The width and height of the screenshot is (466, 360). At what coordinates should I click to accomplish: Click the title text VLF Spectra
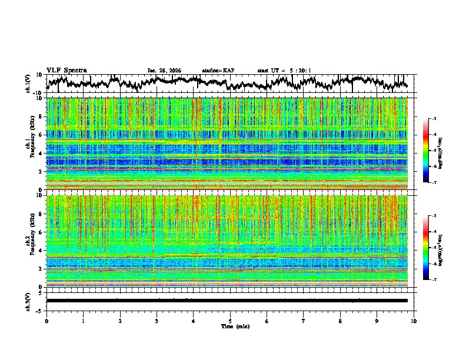click(x=66, y=70)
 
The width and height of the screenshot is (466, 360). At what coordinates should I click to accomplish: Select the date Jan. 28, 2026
click(x=164, y=71)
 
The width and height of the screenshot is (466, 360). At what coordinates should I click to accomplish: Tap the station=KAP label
click(x=218, y=71)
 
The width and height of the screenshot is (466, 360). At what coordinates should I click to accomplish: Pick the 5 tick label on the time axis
click(x=230, y=321)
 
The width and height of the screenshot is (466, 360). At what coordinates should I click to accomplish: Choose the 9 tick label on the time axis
click(x=377, y=321)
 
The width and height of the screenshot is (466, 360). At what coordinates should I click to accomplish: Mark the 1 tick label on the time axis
click(x=83, y=321)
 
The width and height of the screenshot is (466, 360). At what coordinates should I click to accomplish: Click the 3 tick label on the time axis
click(x=157, y=321)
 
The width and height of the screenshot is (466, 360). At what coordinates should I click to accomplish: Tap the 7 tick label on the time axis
click(x=304, y=321)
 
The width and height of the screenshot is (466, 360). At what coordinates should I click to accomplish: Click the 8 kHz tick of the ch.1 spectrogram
click(x=41, y=116)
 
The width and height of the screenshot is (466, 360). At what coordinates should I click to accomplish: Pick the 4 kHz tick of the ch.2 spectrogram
click(x=41, y=251)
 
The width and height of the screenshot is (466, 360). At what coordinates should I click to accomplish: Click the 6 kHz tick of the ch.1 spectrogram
click(x=41, y=135)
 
